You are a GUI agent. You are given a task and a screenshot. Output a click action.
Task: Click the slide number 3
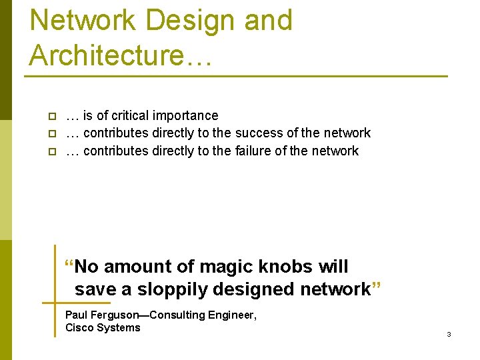point(449,334)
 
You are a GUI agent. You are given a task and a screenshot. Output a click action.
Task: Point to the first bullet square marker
point(50,116)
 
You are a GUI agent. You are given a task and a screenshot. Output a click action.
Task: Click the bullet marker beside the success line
point(50,134)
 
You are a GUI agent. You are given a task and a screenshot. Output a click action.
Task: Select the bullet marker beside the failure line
point(50,151)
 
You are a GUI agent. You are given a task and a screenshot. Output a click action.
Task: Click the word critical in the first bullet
point(133,115)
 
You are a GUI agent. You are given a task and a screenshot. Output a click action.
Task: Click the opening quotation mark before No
point(69,263)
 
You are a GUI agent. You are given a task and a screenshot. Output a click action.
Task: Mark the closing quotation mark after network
point(376,286)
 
